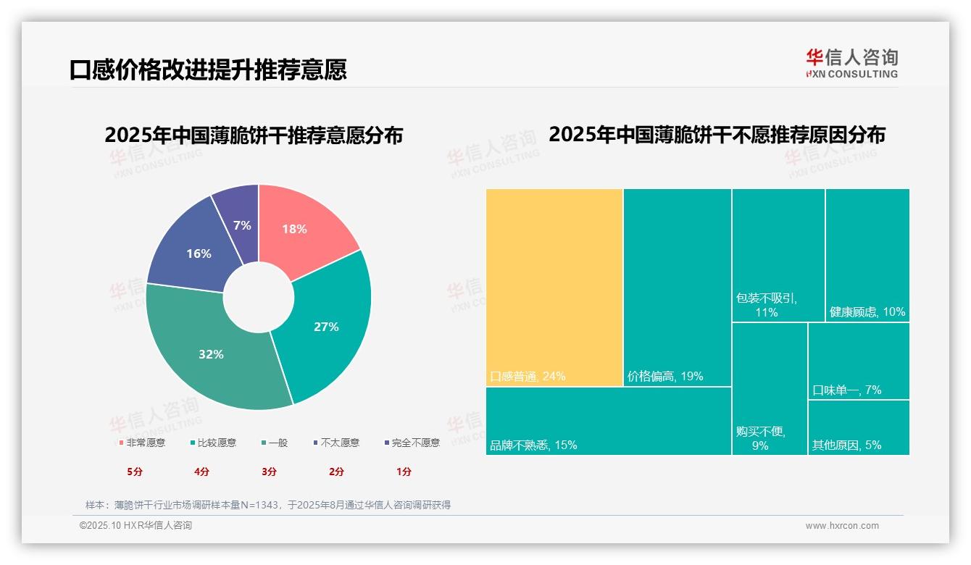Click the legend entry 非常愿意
[x=145, y=443]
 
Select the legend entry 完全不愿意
[x=415, y=443]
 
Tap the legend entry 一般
[x=278, y=443]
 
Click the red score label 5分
[x=135, y=472]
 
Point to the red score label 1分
[x=404, y=472]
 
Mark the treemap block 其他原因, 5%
[x=858, y=427]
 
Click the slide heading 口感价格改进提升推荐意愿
[x=208, y=70]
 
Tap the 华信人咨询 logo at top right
[x=851, y=63]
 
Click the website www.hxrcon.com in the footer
[x=842, y=526]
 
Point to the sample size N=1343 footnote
[x=268, y=505]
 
